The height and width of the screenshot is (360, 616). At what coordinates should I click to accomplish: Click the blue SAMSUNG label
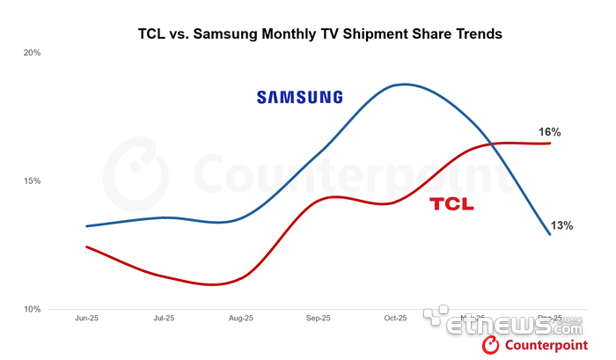point(299,97)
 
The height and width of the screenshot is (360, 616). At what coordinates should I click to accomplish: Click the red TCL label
point(451,204)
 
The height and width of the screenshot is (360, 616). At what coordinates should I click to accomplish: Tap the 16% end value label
point(549,132)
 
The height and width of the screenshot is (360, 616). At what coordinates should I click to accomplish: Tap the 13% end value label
point(561,225)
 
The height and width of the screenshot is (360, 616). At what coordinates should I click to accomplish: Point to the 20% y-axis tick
point(32,53)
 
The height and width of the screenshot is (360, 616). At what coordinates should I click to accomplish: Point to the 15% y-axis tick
point(32,181)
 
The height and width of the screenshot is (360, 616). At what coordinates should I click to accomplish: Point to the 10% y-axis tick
point(32,310)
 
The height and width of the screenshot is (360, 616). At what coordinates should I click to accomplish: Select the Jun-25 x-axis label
point(87,318)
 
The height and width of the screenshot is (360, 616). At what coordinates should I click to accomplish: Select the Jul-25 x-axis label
point(165,318)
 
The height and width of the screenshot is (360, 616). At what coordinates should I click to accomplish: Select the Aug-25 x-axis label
point(241,318)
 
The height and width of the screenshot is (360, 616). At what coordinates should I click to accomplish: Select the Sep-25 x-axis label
point(319,318)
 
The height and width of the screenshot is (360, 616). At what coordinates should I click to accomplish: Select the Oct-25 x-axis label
point(396,318)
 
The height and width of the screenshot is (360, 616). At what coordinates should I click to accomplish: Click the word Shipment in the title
point(357,35)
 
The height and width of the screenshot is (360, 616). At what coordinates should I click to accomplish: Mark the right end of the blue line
point(550,234)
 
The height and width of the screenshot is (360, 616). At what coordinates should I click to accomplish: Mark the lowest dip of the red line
point(214,284)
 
